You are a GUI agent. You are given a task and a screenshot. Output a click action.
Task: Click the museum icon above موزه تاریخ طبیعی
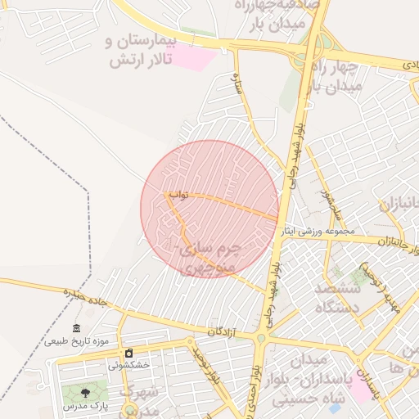pyautogui.click(x=77, y=328)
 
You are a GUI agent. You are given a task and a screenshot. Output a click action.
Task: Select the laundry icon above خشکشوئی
pyautogui.click(x=128, y=353)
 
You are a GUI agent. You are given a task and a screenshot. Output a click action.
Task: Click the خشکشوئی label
pyautogui.click(x=129, y=365)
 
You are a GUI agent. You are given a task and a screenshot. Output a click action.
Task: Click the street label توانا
pyautogui.click(x=178, y=195)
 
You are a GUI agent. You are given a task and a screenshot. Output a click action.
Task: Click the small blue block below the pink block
pyautogui.click(x=358, y=408)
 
